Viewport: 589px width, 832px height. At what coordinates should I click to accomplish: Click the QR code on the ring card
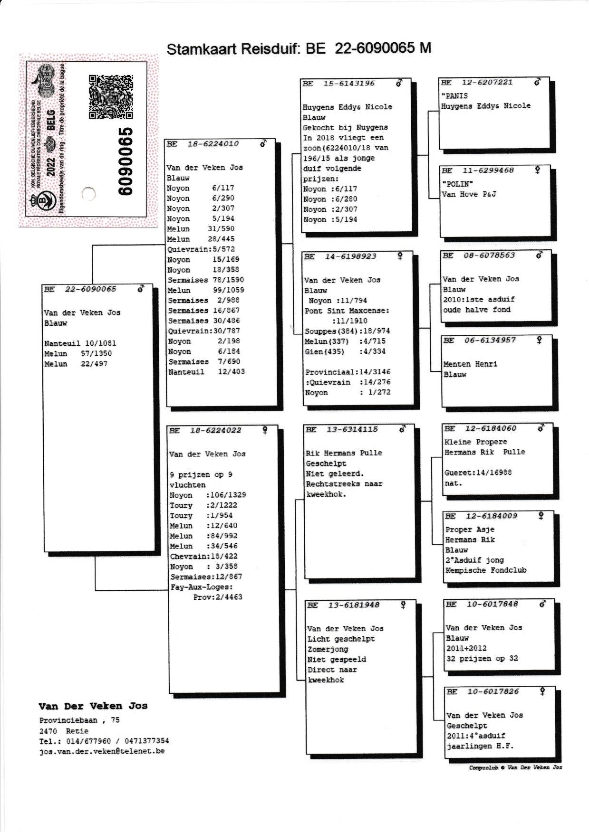110,96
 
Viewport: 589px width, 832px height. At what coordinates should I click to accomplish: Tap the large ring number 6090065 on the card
126,161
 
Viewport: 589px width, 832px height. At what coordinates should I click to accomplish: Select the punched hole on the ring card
88,194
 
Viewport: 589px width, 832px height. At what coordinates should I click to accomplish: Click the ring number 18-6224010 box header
213,144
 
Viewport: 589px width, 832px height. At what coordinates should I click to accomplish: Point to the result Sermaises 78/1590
205,280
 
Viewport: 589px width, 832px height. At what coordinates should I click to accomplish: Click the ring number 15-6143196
349,84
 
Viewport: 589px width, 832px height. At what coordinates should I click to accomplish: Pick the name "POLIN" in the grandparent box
457,184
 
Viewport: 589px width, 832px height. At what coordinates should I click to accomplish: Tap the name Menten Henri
470,364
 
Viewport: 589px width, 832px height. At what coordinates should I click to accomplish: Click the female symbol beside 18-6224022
265,430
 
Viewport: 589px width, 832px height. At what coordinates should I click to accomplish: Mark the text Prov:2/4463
218,597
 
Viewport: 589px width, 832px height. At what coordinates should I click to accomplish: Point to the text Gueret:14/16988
478,473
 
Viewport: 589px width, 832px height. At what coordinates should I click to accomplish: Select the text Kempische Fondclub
486,570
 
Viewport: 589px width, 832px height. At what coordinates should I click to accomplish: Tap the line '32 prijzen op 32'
482,659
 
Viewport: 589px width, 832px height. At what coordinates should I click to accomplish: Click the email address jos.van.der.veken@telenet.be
102,751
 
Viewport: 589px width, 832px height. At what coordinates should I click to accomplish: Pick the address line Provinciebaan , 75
79,720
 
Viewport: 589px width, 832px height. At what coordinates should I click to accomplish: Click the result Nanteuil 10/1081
80,343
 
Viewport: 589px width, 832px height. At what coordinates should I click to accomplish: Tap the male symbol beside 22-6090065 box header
141,289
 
